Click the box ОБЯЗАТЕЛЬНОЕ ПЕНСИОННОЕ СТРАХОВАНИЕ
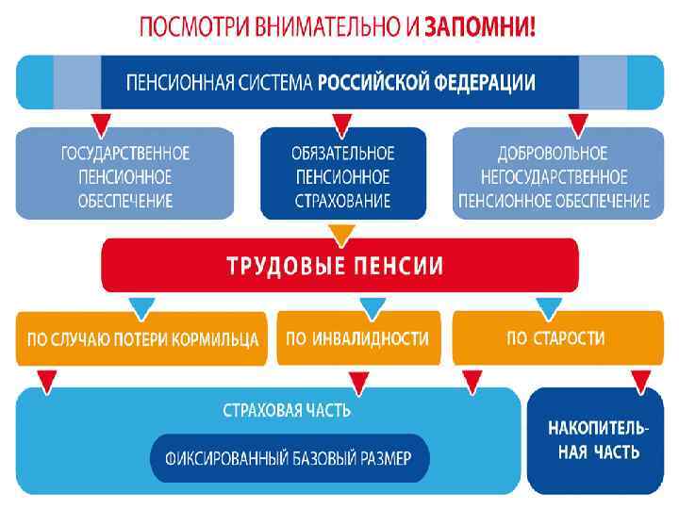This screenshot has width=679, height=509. coord(343,175)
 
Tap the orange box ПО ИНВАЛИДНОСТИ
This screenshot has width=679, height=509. coord(357,337)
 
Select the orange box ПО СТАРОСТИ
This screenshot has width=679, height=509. coord(555,337)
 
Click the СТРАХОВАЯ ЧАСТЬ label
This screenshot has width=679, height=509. coord(287,410)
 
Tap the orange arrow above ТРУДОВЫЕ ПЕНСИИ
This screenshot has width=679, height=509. coord(342,232)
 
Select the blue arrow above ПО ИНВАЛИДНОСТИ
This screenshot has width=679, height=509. coord(373,304)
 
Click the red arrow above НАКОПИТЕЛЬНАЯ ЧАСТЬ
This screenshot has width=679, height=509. coord(643,380)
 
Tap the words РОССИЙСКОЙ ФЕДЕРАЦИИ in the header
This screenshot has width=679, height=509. coord(426,82)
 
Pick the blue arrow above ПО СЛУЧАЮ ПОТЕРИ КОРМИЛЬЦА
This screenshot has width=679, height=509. coord(142,304)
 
